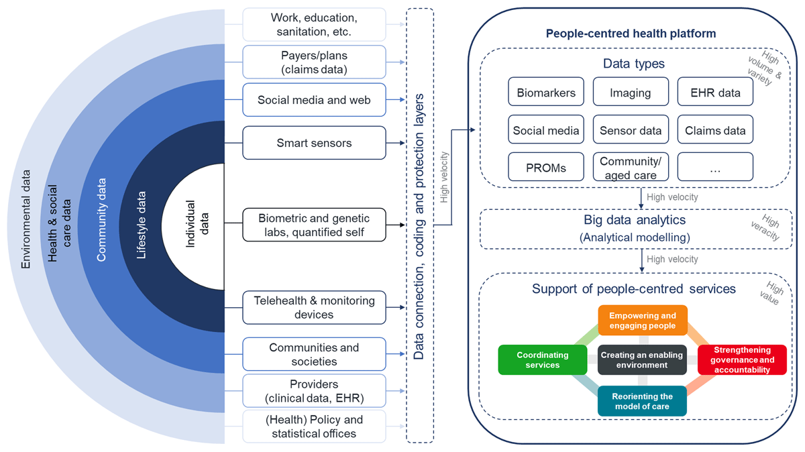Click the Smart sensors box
(314, 143)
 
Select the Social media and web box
(314, 100)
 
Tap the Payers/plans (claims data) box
(314, 62)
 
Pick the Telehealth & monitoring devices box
(314, 308)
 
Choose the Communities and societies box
(314, 354)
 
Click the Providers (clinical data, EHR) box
(314, 391)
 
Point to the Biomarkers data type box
(546, 93)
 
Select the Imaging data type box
(631, 93)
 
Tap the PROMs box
(546, 167)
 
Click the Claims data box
(715, 130)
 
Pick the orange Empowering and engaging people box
(643, 321)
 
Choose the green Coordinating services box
(543, 359)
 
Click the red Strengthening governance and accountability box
(742, 359)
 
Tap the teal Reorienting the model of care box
(643, 401)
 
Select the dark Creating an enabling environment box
(643, 359)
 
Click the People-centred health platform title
(631, 34)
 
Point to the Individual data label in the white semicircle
(197, 224)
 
